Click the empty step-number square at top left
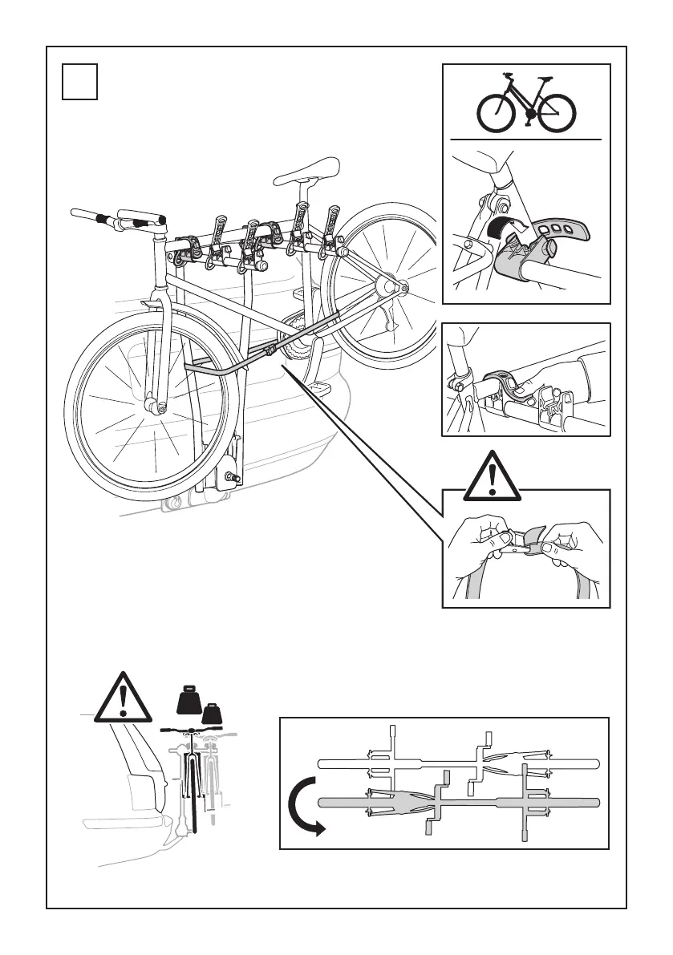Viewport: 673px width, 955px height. point(80,83)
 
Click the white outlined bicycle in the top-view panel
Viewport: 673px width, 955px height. point(457,763)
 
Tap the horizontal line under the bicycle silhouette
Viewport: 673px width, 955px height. point(525,140)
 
